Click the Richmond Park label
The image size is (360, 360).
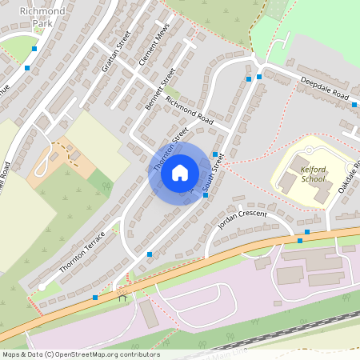[42, 18]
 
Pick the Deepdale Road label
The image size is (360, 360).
[325, 89]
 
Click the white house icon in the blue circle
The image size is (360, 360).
[180, 173]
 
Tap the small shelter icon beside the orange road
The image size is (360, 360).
[122, 298]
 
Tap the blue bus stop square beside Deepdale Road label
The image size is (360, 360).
[354, 104]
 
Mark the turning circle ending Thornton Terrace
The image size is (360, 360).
[42, 286]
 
